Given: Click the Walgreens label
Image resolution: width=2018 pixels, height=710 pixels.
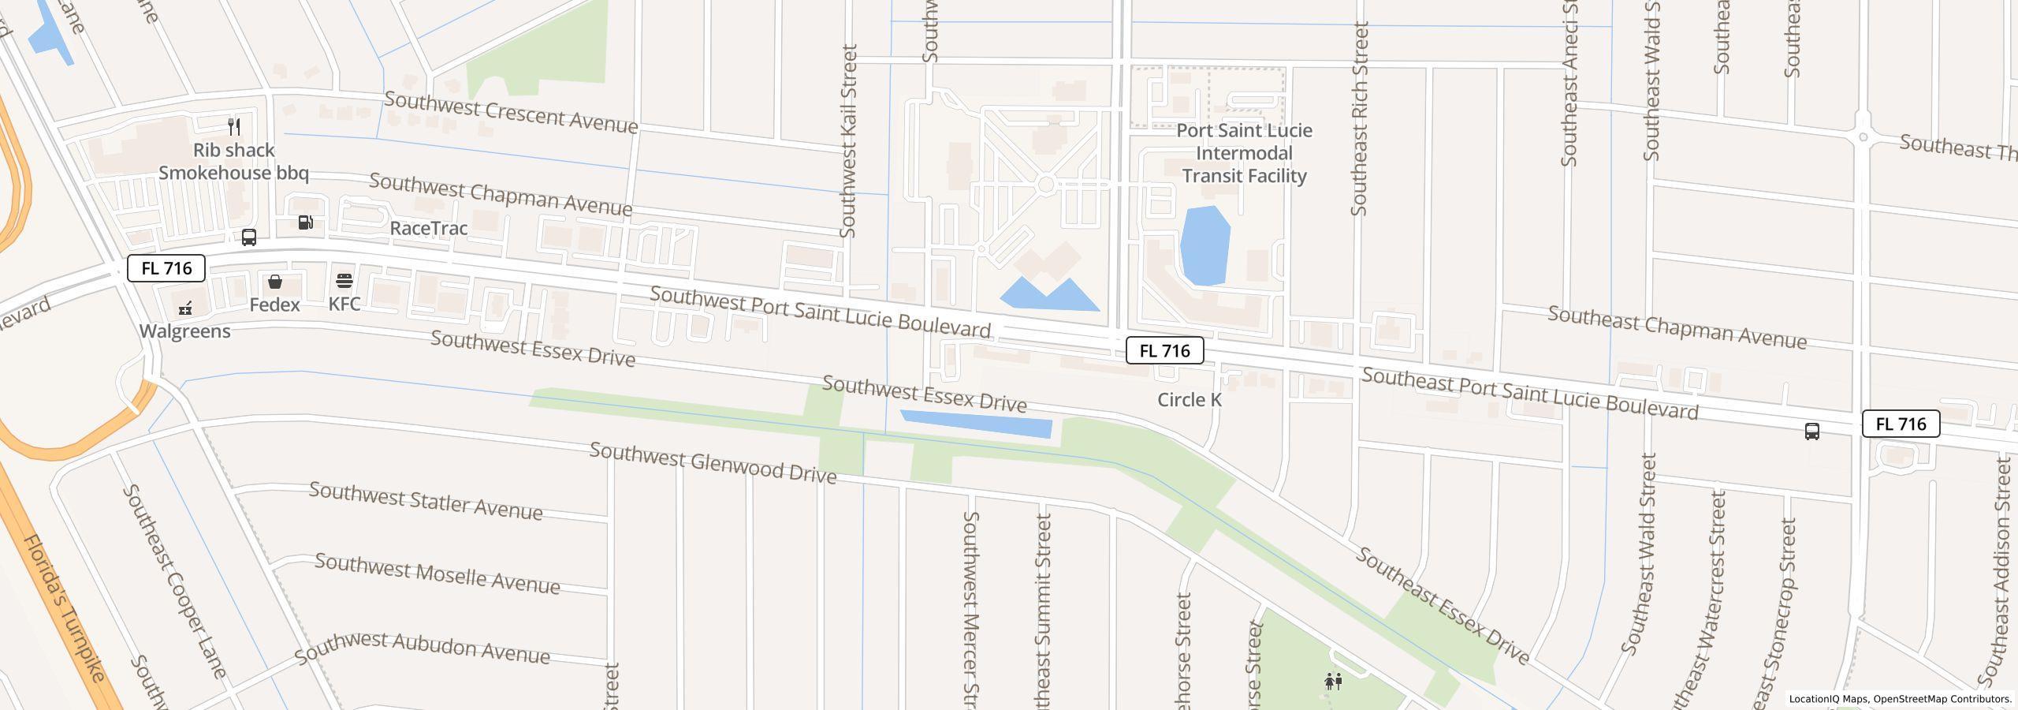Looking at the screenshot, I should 185,331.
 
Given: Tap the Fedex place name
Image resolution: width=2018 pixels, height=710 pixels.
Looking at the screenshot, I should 274,305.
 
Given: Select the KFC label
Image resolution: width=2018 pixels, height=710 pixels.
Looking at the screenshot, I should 344,304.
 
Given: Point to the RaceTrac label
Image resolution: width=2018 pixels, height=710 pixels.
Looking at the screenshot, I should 429,228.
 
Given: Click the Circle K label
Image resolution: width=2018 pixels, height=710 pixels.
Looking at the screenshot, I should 1189,400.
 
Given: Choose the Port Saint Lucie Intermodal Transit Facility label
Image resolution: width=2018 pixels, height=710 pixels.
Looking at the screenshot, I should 1245,153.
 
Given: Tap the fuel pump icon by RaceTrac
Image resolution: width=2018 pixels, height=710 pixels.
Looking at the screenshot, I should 306,222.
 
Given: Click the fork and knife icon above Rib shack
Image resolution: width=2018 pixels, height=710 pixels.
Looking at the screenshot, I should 234,126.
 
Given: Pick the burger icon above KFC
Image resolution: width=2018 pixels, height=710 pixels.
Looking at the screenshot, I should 344,281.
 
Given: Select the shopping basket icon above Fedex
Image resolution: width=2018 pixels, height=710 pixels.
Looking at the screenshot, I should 275,282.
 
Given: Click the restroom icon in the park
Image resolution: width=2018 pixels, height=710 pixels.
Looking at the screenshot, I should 1334,681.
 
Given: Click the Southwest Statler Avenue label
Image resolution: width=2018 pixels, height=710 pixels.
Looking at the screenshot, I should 426,501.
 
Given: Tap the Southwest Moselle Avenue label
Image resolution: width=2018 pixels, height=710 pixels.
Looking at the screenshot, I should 437,574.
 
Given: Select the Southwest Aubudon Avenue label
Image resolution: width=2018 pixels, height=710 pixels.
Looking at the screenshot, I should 422,647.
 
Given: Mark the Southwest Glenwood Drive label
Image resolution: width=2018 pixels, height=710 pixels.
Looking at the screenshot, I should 713,463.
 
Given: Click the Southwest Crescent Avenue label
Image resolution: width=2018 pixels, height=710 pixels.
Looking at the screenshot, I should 511,113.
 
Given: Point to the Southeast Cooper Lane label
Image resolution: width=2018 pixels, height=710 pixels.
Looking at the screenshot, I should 175,581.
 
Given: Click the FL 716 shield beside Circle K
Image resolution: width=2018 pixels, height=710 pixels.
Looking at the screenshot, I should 1164,351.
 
